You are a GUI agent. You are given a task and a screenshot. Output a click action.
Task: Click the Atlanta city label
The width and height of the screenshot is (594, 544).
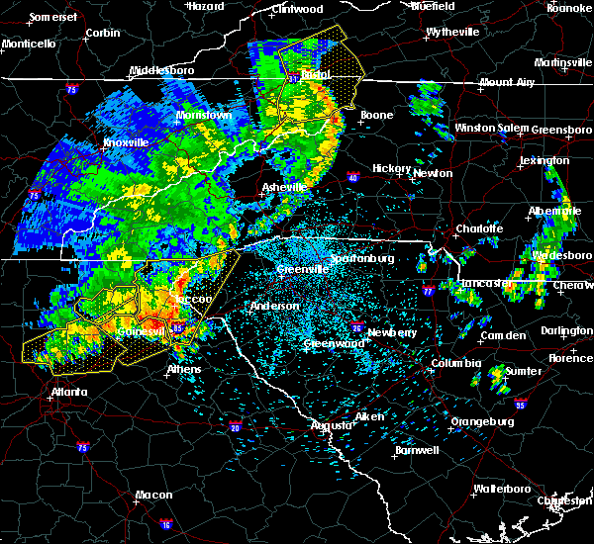click(x=68, y=392)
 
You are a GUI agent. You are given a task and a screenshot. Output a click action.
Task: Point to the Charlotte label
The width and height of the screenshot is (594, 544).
click(x=480, y=228)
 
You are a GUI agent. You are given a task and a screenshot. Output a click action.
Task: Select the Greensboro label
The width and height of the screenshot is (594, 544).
click(x=561, y=130)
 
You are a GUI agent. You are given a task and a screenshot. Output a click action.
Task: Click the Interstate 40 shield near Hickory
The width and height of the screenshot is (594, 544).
click(x=353, y=178)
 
